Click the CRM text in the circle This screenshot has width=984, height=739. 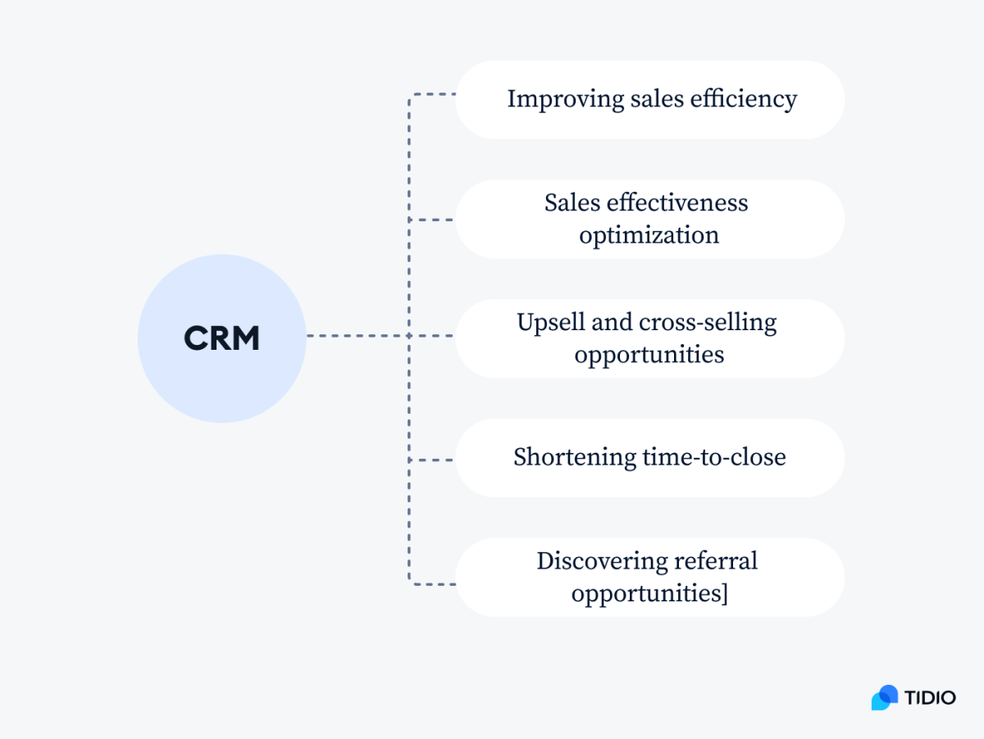[x=221, y=338]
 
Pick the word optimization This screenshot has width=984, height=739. [x=649, y=235]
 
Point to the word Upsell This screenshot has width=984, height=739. [x=550, y=322]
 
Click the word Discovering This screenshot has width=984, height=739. [x=600, y=561]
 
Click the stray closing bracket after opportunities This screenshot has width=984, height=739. [x=724, y=593]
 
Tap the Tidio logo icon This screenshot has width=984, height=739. [x=885, y=697]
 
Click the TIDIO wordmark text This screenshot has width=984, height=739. [x=931, y=698]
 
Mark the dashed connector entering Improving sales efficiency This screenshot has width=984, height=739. [x=432, y=94]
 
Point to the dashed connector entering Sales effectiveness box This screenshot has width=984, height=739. [x=432, y=220]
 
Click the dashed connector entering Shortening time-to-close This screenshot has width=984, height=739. [x=432, y=460]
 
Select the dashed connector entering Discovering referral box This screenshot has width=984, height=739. [x=432, y=584]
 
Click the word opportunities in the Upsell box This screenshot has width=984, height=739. [x=649, y=355]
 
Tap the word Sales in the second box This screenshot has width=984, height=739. [x=567, y=202]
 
